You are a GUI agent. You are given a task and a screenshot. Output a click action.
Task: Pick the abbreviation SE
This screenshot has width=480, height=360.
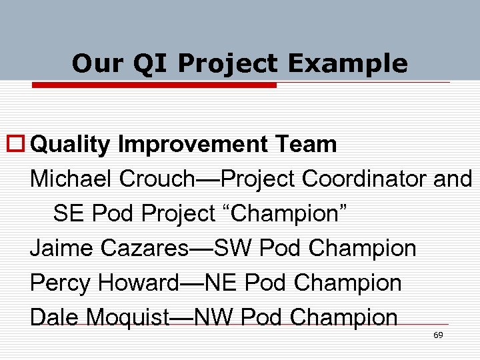click(68, 213)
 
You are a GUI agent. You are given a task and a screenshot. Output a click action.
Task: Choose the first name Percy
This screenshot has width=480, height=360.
click(59, 283)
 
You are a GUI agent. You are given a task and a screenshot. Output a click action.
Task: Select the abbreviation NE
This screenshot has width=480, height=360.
click(222, 283)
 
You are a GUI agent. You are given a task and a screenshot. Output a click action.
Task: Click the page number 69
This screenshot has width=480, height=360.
click(438, 335)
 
